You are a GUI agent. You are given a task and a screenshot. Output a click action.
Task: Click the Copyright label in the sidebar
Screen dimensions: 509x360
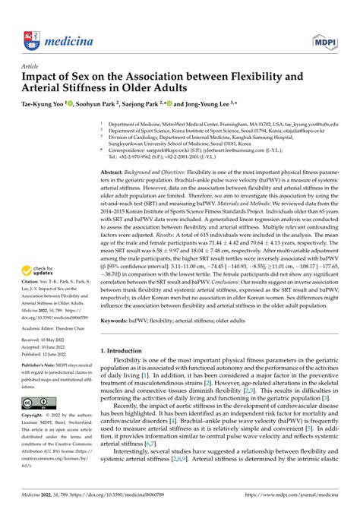click(x=34, y=438)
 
